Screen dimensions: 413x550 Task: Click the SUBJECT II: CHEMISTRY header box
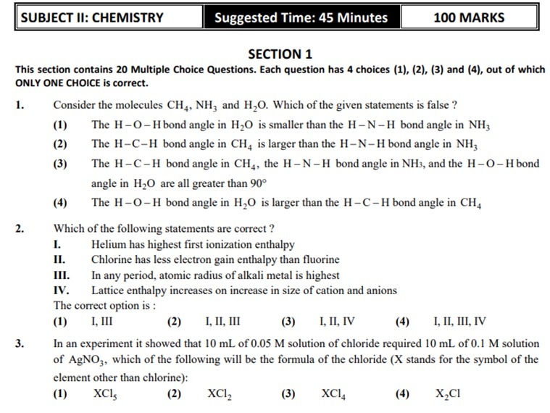(x=93, y=18)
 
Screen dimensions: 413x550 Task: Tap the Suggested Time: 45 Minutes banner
(x=301, y=18)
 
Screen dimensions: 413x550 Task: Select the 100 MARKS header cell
(x=469, y=18)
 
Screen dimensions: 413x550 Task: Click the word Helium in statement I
(x=108, y=245)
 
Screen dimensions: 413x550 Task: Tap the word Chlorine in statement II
(x=112, y=260)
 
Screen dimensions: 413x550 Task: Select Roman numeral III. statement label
(x=62, y=275)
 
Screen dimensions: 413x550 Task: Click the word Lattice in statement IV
(x=109, y=291)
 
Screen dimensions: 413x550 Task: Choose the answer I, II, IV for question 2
(x=337, y=322)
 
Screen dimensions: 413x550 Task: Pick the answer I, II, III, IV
(x=459, y=322)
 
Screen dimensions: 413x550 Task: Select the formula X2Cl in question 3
(x=448, y=394)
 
